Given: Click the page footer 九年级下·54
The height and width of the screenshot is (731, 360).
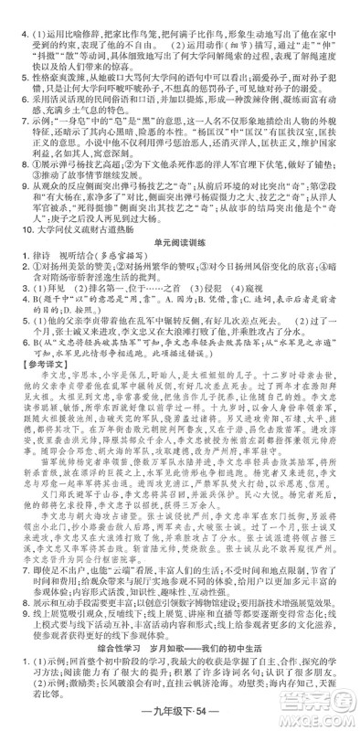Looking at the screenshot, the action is click(x=179, y=715).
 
